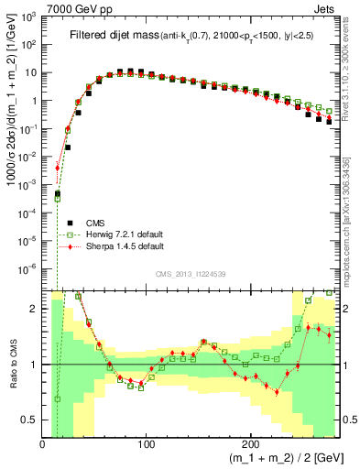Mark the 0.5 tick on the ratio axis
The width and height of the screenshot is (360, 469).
30,420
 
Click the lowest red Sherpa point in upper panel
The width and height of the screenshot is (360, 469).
57,168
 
